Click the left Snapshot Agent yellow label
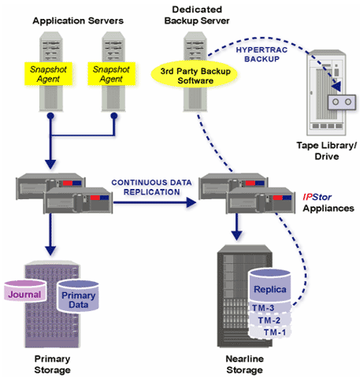point(48,74)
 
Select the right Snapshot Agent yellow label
point(111,74)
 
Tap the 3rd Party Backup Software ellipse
point(195,76)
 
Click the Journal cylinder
point(25,291)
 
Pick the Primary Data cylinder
point(78,296)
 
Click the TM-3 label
point(263,308)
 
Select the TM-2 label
point(269,321)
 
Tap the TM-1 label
point(275,332)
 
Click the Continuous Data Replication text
point(151,187)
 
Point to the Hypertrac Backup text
point(262,54)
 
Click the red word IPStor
point(317,197)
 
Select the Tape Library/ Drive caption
point(327,150)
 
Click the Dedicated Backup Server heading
point(197,15)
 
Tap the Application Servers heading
point(78,20)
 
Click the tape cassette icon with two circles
point(342,102)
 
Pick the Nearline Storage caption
point(245,364)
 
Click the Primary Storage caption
point(52,364)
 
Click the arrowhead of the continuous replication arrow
point(191,202)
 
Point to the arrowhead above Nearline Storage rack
point(237,235)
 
